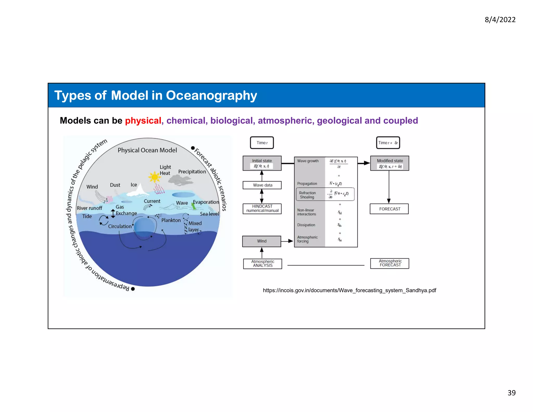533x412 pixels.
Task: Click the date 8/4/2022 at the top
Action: pos(500,20)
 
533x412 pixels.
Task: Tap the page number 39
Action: pos(511,393)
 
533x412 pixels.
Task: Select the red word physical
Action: pos(143,121)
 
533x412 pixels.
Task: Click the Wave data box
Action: pos(262,185)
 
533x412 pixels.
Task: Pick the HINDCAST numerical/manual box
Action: pos(262,209)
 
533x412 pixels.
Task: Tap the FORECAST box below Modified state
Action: pos(389,209)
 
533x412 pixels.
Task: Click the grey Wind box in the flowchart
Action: pos(262,241)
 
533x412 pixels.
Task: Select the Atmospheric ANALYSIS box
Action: pos(262,264)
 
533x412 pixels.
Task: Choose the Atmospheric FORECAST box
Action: pos(390,263)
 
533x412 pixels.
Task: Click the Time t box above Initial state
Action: pos(262,143)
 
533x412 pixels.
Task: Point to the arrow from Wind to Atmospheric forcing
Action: pos(287,241)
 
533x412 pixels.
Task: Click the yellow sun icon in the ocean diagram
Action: pos(155,177)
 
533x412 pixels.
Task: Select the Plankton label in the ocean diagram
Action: pos(171,220)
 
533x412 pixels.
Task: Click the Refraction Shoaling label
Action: pos(307,195)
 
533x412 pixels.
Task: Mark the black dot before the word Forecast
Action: pos(193,148)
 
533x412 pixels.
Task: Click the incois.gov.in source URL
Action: pos(349,290)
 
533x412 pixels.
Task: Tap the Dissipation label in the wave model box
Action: pos(306,225)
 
